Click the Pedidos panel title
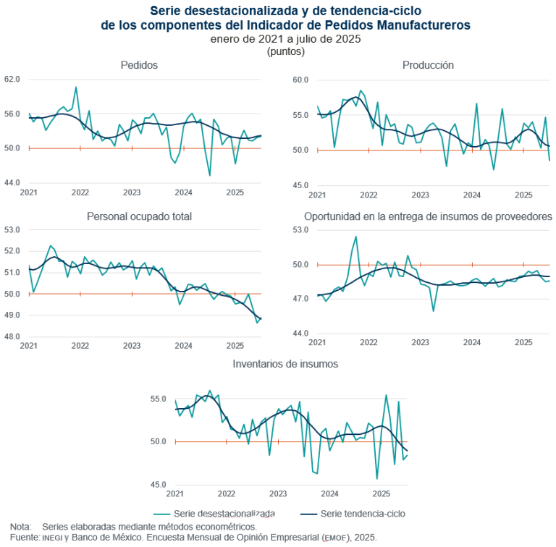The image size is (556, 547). (x=139, y=65)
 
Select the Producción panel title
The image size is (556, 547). (x=428, y=65)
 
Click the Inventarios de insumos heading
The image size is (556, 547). (x=285, y=363)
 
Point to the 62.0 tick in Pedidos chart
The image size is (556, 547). (x=12, y=79)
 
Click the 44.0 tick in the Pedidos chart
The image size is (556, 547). (x=12, y=183)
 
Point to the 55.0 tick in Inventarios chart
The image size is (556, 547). (x=159, y=399)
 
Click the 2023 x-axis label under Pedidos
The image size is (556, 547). (x=132, y=193)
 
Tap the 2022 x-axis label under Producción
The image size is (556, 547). (x=368, y=195)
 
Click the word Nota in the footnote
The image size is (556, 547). (x=20, y=527)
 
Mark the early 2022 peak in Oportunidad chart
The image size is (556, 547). (x=355, y=237)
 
